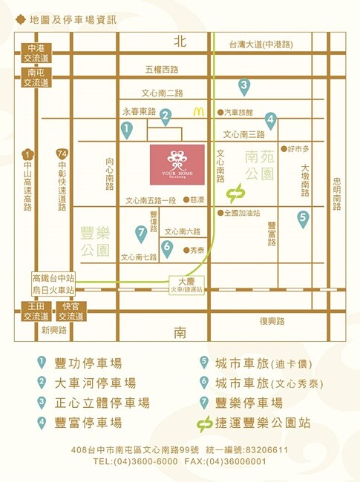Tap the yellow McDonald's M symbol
[x=197, y=112]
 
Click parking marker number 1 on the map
[x=127, y=131]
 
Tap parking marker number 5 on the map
[x=303, y=218]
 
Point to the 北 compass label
[x=179, y=42]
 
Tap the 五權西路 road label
[x=162, y=70]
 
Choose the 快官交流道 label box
[x=71, y=311]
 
